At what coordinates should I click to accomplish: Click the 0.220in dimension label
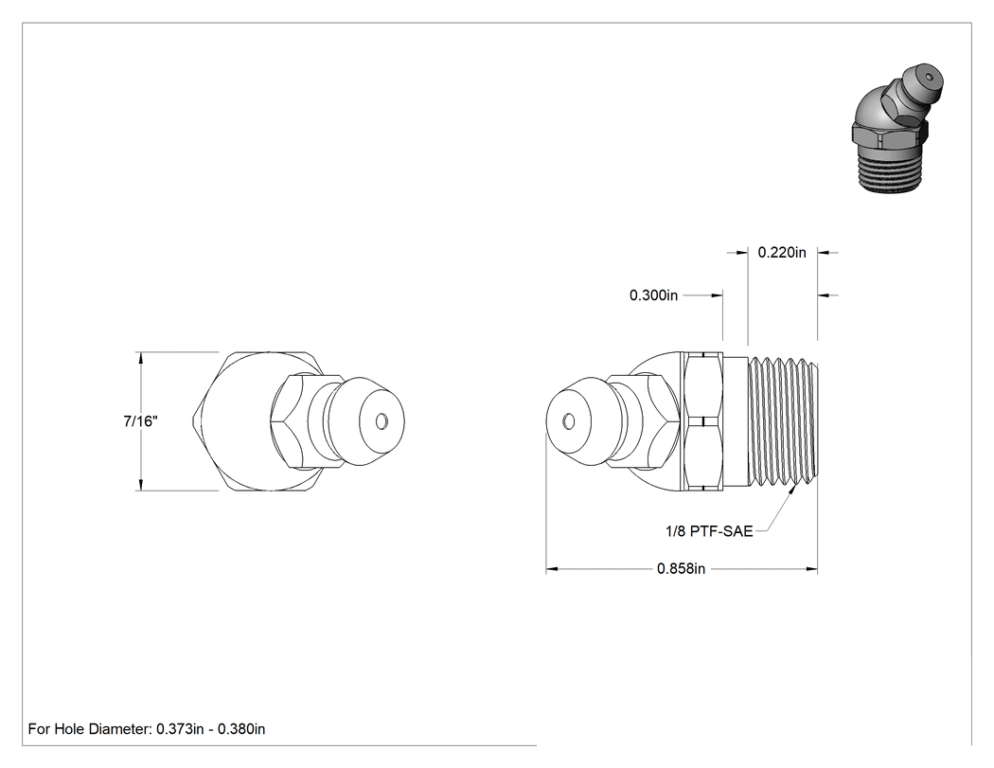782,253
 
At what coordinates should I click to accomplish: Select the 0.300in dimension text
653,295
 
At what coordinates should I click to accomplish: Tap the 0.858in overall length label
681,569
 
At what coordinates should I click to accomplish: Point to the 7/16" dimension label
141,421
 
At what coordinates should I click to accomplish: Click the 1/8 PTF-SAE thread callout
709,531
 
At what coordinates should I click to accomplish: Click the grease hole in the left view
382,421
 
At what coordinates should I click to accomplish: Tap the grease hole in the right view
569,421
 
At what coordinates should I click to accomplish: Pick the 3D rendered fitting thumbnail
897,127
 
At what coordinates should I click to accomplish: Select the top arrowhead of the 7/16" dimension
140,358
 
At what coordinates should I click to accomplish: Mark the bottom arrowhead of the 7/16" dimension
140,484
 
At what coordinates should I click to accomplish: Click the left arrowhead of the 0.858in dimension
552,569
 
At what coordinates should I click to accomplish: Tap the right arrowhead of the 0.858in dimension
811,569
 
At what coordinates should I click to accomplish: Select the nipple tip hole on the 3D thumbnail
928,78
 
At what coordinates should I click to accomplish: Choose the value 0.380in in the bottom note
241,729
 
